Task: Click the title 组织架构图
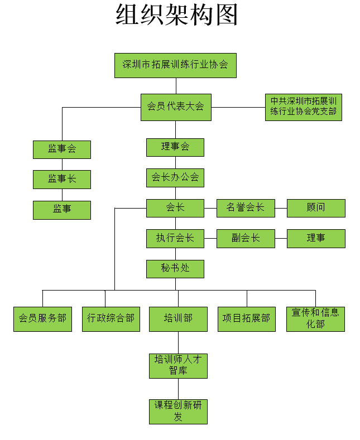176,14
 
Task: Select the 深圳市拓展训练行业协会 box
175,65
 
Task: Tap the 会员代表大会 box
176,107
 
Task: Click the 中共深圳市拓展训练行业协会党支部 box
304,107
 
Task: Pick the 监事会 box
62,149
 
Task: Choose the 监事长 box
62,180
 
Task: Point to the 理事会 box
175,147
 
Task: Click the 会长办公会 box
175,178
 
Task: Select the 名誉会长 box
246,208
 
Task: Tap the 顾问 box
316,208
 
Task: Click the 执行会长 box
175,239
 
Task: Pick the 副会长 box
246,239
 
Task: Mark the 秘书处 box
175,269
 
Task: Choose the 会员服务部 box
42,319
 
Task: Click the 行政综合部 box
111,319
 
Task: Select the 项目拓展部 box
247,319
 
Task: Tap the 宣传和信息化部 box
316,319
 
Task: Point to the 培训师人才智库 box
178,366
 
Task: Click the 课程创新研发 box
178,412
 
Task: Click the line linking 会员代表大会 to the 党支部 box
238,107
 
